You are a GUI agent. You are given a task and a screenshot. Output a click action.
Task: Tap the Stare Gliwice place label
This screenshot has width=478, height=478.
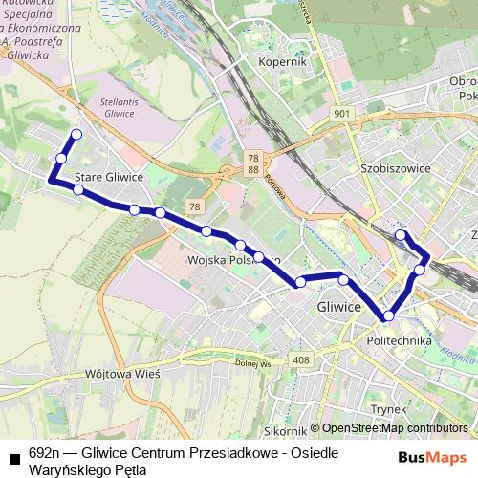click(x=110, y=177)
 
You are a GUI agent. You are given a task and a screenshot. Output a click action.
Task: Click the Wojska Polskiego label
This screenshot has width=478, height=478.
click(x=234, y=260)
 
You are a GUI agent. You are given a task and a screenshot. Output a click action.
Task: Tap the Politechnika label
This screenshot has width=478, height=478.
click(x=400, y=340)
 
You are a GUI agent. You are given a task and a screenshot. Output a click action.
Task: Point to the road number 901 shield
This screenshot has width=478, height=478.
click(x=344, y=114)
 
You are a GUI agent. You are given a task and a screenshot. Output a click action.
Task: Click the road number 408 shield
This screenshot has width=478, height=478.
click(x=303, y=360)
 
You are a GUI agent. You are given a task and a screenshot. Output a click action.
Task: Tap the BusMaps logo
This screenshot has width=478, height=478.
click(x=432, y=457)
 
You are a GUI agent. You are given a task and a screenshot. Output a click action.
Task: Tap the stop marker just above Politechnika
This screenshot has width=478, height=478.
click(x=388, y=315)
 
